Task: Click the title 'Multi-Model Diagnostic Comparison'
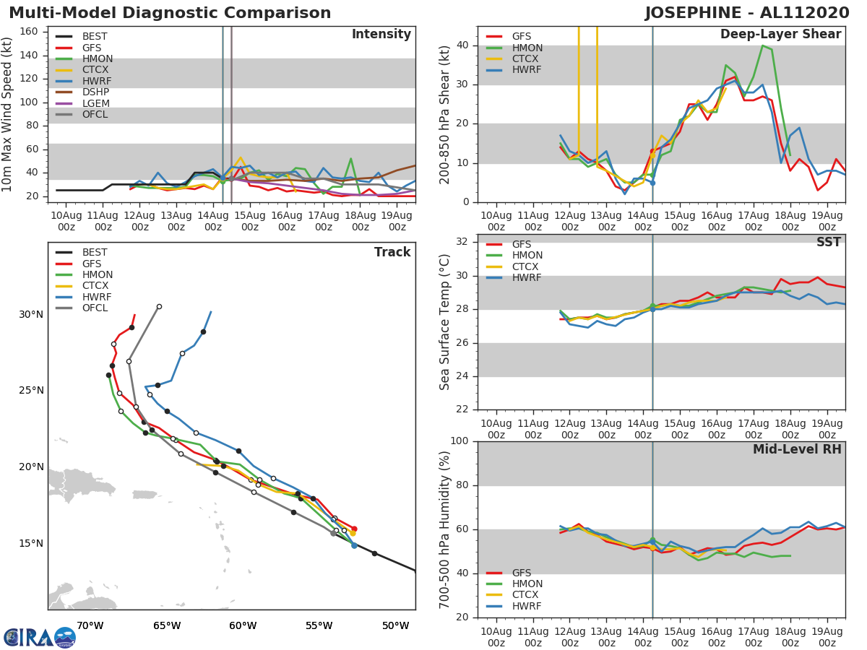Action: click(170, 13)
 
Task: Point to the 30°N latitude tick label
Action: click(31, 314)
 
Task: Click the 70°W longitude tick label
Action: click(90, 625)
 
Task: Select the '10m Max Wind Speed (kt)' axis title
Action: click(8, 116)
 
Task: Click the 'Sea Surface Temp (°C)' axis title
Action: click(445, 321)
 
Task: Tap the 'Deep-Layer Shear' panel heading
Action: click(780, 35)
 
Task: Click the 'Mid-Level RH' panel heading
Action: click(797, 450)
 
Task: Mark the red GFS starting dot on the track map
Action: click(354, 529)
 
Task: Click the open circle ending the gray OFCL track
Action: click(159, 306)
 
